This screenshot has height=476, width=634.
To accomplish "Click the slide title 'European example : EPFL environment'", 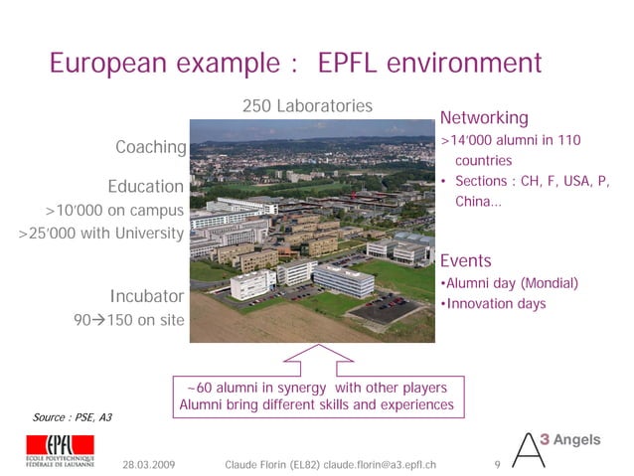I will coord(296,65).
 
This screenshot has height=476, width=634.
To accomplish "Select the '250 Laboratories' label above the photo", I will coord(307,105).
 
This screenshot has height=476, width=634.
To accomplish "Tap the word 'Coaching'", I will coord(150,148).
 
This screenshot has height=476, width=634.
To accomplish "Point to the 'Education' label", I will coord(145,187).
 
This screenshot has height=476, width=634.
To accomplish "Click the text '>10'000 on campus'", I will coord(114,211).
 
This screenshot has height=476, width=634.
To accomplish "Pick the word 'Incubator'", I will coord(146,296).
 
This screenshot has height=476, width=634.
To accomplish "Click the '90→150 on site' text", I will coord(129,320).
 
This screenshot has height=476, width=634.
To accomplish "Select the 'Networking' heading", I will coord(484,118).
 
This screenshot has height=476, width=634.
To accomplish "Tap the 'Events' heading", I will coord(465,261).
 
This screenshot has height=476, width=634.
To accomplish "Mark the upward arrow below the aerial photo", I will coord(317,358).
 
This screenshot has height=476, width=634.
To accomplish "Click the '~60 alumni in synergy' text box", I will coord(316,396).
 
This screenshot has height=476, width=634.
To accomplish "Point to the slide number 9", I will coord(496,464).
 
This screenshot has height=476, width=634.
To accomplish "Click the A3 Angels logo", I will coord(558,447).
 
